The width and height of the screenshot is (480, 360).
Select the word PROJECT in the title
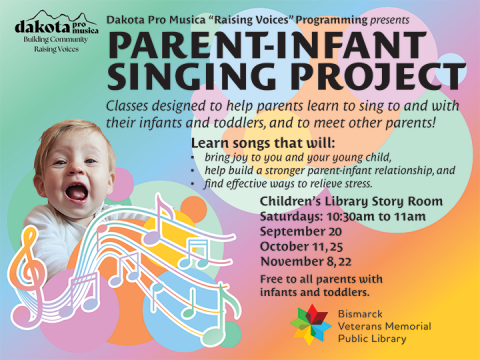click(x=359, y=78)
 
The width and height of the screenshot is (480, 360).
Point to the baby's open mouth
click(x=75, y=187)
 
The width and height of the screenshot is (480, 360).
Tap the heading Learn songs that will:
click(x=249, y=143)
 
